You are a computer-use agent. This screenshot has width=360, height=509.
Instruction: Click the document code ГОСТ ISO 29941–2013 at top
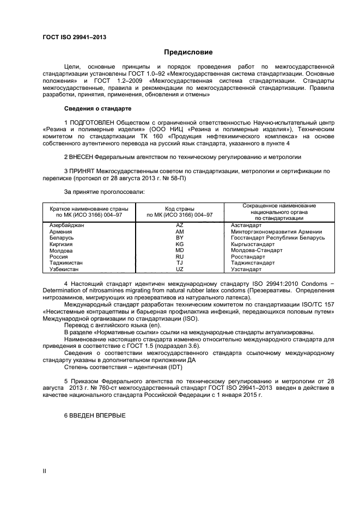[x=74, y=37]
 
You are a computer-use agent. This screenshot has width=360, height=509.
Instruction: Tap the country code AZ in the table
[x=180, y=225]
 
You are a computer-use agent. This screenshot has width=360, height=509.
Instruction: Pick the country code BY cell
[x=180, y=237]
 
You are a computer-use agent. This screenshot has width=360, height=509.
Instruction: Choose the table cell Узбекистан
[x=64, y=269]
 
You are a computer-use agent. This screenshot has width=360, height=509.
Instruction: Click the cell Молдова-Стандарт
[x=257, y=250]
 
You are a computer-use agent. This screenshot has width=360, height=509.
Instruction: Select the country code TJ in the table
[x=180, y=262]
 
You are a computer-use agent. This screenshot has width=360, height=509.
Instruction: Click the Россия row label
[x=58, y=256]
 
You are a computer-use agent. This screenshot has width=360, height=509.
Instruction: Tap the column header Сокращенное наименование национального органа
[x=279, y=211]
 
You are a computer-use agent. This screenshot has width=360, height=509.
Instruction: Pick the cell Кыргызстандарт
[x=253, y=244]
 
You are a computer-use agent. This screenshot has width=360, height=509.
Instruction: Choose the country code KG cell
[x=180, y=244]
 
